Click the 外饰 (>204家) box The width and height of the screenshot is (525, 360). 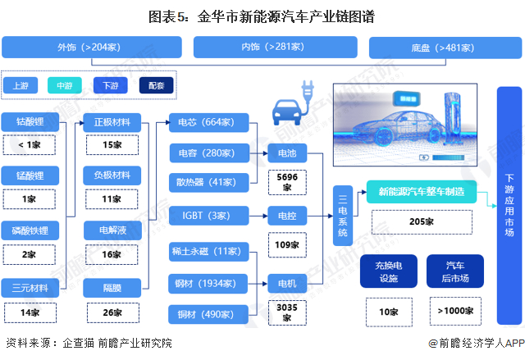(92, 48)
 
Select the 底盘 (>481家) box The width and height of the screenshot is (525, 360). (445, 48)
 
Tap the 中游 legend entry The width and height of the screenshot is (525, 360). (65, 85)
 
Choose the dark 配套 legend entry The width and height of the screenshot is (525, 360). (157, 85)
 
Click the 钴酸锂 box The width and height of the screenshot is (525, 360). (30, 122)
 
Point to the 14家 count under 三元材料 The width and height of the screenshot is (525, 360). (30, 312)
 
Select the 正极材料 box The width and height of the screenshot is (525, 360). (112, 122)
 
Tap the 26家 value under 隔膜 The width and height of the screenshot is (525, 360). (113, 312)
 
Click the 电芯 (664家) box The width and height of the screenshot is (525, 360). (209, 122)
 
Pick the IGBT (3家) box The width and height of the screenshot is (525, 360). (209, 216)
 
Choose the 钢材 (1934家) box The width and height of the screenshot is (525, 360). (208, 284)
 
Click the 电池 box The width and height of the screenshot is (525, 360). (287, 153)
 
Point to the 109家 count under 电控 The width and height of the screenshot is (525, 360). (287, 245)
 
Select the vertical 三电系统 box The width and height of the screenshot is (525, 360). (343, 216)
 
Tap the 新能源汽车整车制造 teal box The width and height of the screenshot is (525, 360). (422, 192)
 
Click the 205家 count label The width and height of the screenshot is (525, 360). (422, 221)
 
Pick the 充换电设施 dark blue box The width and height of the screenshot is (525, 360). (389, 271)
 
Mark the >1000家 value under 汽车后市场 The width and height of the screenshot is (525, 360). (456, 311)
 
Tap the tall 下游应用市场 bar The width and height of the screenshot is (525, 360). (509, 206)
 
